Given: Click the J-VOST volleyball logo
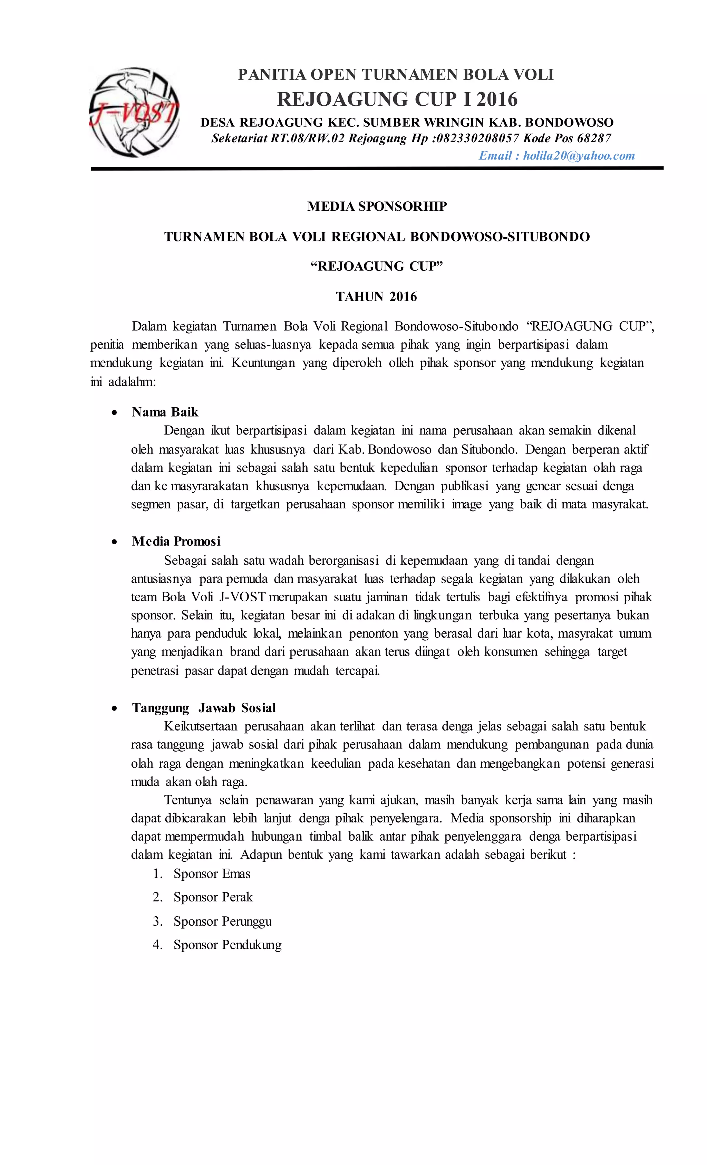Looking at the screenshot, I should [134, 113].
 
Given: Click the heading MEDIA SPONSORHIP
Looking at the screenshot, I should [377, 206].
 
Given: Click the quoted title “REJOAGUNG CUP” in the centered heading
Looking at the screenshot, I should [377, 267].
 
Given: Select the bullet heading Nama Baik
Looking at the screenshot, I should [165, 412].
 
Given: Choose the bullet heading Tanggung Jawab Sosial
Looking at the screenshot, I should [204, 708].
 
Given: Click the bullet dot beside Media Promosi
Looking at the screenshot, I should [114, 542].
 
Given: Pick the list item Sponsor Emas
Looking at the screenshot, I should [212, 874].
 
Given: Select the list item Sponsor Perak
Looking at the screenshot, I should [213, 897].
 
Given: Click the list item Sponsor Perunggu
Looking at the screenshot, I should [223, 922].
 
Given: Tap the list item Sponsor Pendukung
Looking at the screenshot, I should [227, 945].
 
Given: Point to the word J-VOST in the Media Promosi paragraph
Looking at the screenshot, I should [242, 597].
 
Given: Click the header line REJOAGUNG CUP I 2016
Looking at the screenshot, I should [397, 99].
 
